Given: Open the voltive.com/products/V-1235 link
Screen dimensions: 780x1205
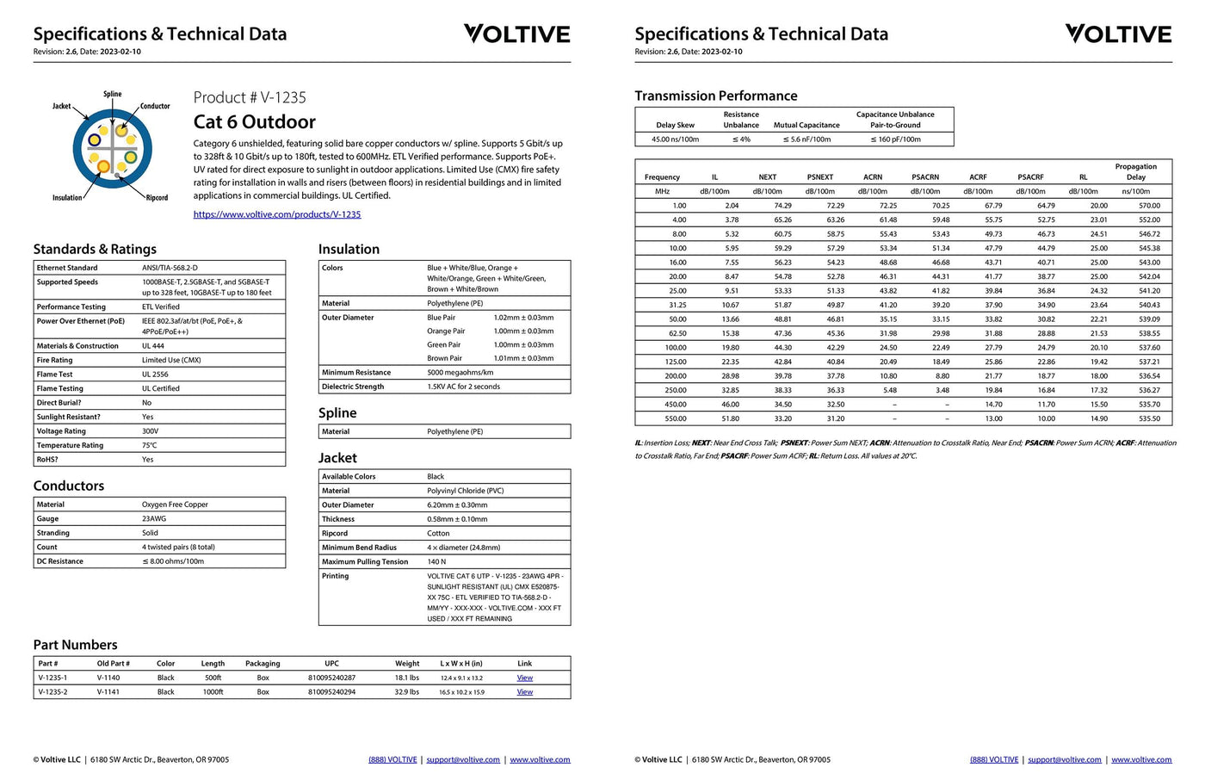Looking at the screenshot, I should pos(277,214).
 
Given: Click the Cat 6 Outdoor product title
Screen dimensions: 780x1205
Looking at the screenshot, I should pos(254,122).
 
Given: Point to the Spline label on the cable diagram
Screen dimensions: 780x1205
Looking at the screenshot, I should pos(113,94).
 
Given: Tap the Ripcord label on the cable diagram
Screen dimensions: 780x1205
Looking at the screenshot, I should pos(157,198).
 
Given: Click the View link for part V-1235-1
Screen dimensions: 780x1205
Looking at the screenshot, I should pos(524,678).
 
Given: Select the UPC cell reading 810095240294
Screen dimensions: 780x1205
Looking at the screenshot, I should pos(331,692).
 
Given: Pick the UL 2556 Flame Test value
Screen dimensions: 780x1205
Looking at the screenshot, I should pos(155,375).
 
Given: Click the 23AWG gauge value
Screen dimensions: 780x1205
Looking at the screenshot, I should pos(154,519).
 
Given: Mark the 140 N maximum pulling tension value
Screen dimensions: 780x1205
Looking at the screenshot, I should pos(436,561).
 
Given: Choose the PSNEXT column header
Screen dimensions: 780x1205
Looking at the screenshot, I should pos(819,177).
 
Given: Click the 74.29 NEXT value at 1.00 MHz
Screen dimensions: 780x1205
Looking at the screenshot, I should pos(782,206).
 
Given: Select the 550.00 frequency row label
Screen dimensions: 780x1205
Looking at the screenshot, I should pos(676,418).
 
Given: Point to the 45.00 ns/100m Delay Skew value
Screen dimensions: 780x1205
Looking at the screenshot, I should pos(675,139).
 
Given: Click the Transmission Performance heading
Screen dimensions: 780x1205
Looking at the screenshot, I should pos(715,96).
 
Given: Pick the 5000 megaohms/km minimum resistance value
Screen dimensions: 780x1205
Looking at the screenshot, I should pos(460,373).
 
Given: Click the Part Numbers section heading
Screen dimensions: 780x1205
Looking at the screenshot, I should pos(75,645).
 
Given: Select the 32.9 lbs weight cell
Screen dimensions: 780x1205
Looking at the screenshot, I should pos(406,692).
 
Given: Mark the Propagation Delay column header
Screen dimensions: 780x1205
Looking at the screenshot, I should pos(1135,172).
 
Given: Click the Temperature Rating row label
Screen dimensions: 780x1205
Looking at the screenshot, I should pos(70,445).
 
